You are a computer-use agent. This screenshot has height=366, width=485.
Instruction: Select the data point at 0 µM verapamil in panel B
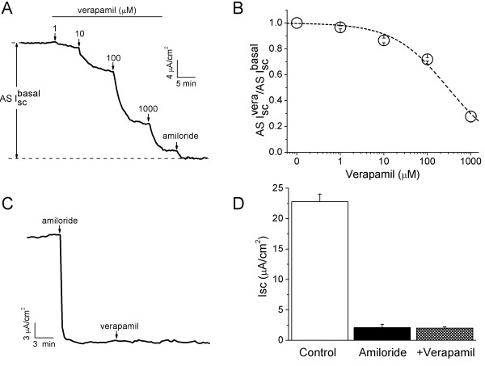297,23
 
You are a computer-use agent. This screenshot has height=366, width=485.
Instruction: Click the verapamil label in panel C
116,304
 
